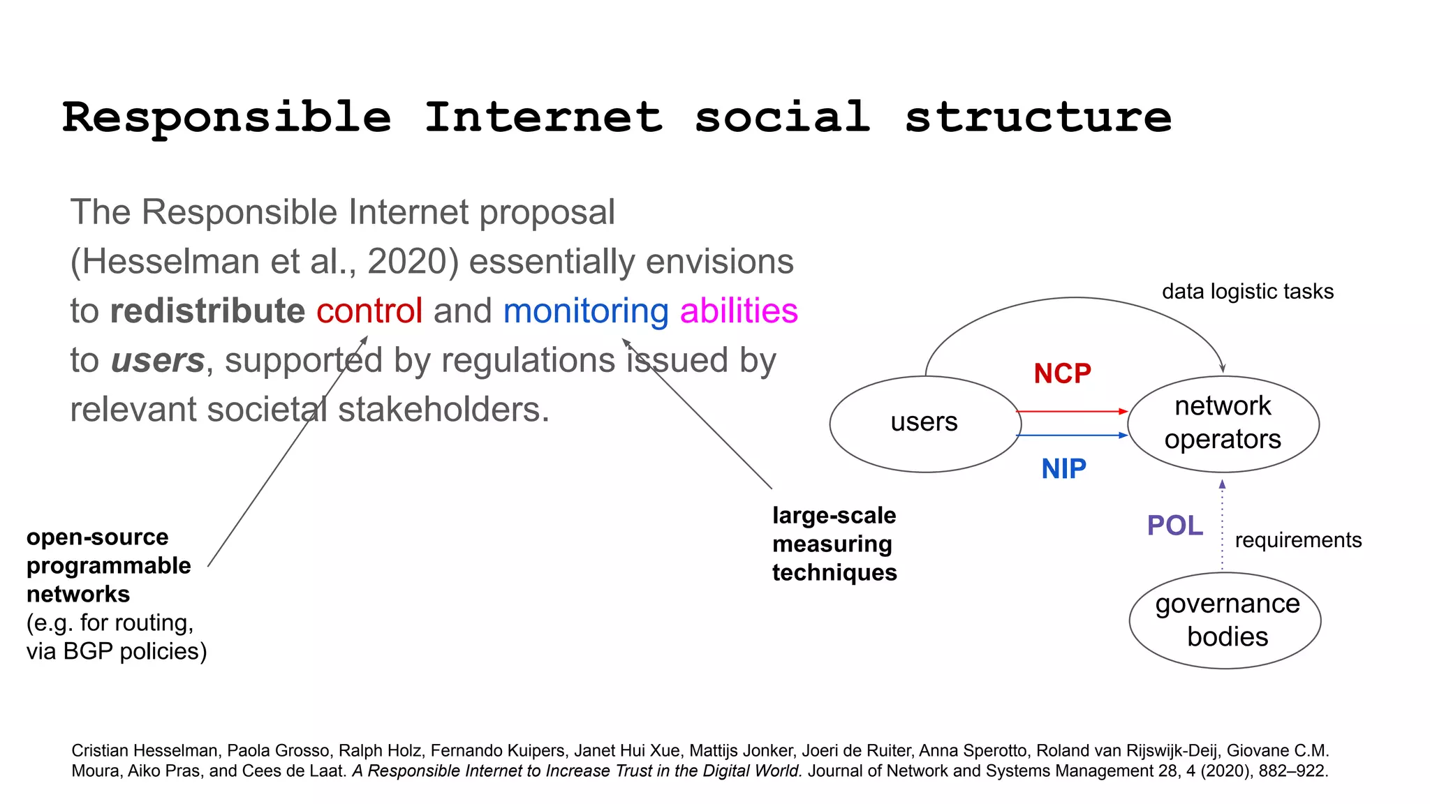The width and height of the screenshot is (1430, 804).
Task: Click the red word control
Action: pos(369,311)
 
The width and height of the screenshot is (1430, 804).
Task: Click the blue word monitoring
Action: pos(586,311)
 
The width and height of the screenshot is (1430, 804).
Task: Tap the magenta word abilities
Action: pos(739,311)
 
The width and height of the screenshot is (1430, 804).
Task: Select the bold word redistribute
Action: pos(207,311)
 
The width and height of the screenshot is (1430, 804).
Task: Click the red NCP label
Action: pos(1062,374)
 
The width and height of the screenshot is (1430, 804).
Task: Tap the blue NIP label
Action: pos(1063,469)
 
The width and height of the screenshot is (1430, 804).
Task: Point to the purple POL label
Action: pos(1174,526)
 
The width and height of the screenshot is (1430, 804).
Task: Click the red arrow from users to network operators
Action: pos(1072,412)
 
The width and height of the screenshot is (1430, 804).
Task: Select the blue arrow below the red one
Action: pos(1072,435)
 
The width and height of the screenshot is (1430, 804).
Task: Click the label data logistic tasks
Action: pos(1247,292)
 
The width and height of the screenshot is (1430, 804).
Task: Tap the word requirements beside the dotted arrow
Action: pos(1298,540)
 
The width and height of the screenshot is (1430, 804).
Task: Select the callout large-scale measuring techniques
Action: pos(834,544)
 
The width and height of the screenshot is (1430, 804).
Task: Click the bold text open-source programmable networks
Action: pos(108,565)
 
